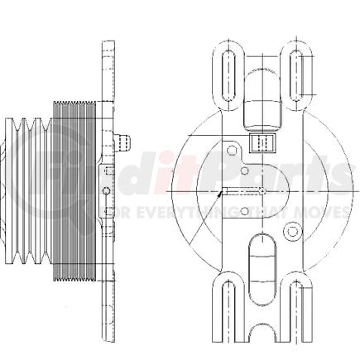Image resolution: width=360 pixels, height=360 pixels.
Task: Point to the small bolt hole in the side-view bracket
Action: pyautogui.click(x=105, y=191)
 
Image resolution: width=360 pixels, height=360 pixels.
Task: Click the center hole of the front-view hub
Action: pyautogui.click(x=262, y=191)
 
